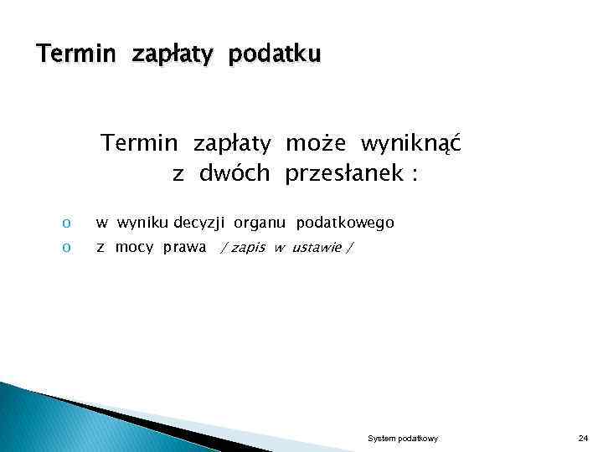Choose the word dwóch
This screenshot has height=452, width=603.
[234, 173]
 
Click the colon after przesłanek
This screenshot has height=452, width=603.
[414, 175]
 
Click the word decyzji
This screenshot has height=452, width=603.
[200, 223]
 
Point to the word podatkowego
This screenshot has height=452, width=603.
[345, 223]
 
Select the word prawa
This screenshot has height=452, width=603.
[185, 248]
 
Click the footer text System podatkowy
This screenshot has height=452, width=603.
[403, 439]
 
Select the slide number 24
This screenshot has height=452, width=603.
[584, 439]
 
